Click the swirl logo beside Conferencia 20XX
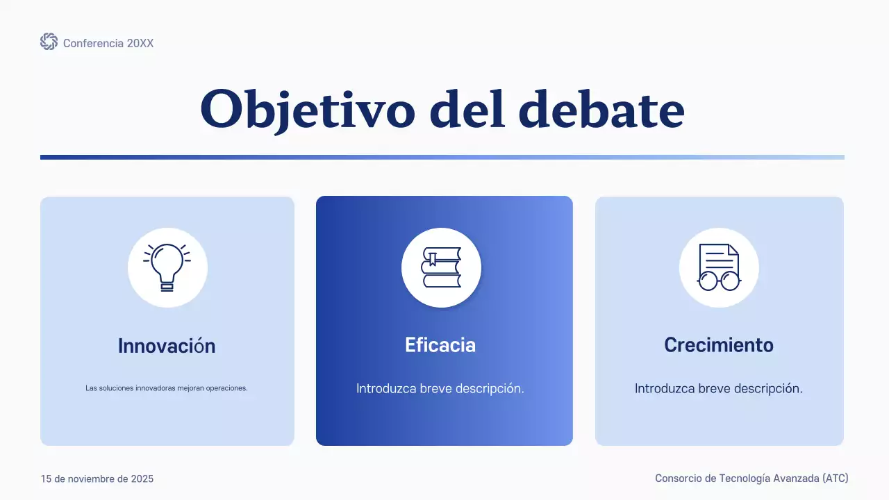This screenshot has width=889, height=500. pyautogui.click(x=49, y=42)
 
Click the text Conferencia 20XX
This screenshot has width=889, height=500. pyautogui.click(x=108, y=43)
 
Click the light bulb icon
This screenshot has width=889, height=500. pyautogui.click(x=167, y=267)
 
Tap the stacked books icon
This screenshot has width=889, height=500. pyautogui.click(x=441, y=267)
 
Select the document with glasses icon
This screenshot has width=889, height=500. pyautogui.click(x=719, y=267)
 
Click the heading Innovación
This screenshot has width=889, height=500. pyautogui.click(x=167, y=346)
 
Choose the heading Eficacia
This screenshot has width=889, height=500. pyautogui.click(x=440, y=345)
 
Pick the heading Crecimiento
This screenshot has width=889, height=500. pyautogui.click(x=719, y=345)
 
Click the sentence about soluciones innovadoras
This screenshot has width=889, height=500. pyautogui.click(x=167, y=388)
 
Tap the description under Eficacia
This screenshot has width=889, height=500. pyautogui.click(x=440, y=389)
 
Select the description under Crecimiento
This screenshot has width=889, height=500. pyautogui.click(x=719, y=389)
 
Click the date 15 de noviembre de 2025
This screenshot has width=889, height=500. pyautogui.click(x=97, y=479)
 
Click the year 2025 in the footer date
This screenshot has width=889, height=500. pyautogui.click(x=142, y=479)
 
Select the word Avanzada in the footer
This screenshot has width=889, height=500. pyautogui.click(x=794, y=478)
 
